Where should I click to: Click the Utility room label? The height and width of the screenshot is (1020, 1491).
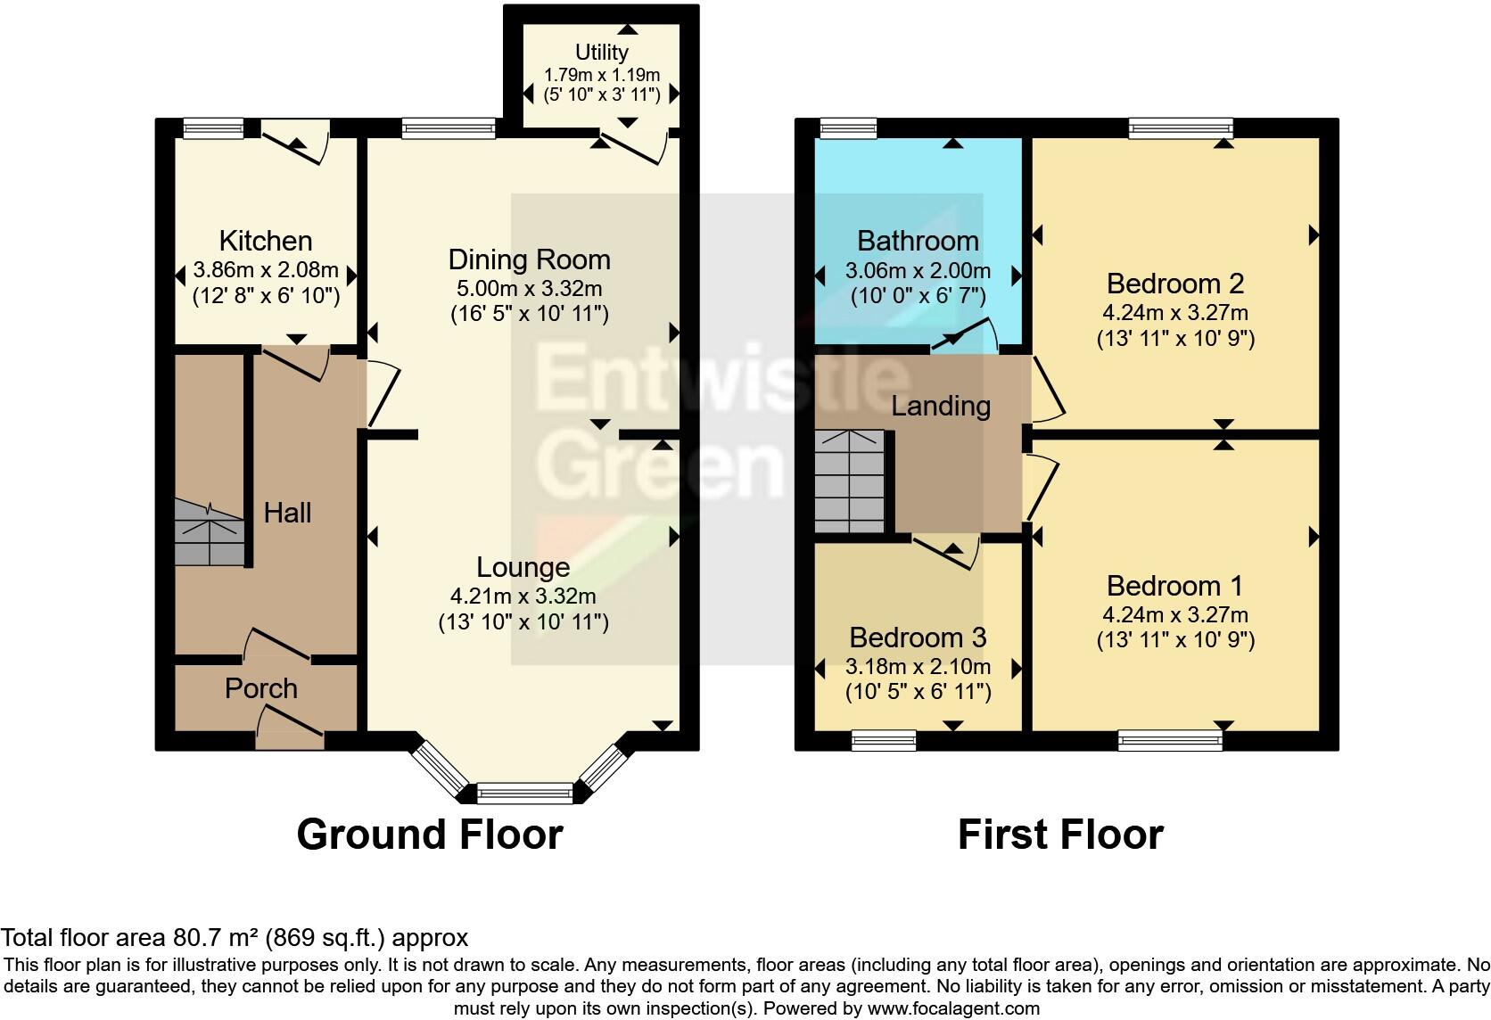pos(601,53)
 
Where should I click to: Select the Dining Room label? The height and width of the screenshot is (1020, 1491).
pos(529,259)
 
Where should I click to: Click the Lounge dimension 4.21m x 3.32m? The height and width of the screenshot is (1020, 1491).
pos(523,596)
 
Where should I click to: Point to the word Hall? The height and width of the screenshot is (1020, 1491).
pos(287,513)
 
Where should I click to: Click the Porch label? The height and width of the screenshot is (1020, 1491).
pos(260,688)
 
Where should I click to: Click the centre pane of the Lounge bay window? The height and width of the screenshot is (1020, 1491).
pos(524,793)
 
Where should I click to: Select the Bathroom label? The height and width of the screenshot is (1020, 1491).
pos(918,241)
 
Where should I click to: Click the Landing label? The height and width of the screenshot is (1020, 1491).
pos(941,407)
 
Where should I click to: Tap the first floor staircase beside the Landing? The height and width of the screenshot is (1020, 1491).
pos(850,481)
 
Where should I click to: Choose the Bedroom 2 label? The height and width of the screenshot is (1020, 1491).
pos(1174,284)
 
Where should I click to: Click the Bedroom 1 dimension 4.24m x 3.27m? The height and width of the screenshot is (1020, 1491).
pos(1174,615)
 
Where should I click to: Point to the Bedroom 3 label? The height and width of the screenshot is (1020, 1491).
pos(918,637)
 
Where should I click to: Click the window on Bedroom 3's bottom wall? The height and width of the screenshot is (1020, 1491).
pos(883,739)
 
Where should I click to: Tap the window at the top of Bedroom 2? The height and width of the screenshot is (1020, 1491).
pos(1181,128)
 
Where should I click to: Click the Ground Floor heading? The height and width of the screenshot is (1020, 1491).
pos(429,835)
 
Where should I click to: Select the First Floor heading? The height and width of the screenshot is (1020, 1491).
pos(1060,835)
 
